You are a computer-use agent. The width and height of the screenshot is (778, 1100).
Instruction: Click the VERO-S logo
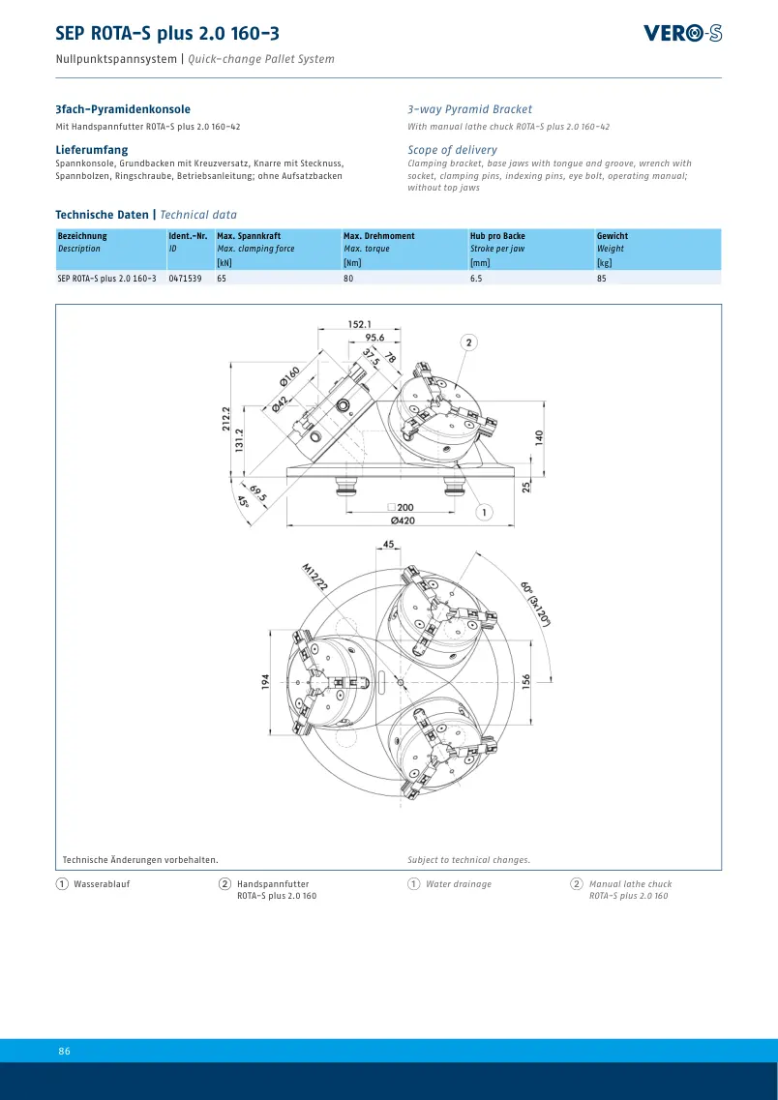point(682,33)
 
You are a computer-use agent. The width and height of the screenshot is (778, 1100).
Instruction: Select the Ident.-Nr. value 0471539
point(185,279)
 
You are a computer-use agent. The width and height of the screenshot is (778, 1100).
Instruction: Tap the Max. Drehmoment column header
point(378,236)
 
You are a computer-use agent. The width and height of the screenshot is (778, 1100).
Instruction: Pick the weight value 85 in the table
point(602,279)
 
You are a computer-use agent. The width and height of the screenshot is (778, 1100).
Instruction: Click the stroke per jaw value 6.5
point(476,279)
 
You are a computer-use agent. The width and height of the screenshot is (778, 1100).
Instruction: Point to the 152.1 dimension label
point(360,324)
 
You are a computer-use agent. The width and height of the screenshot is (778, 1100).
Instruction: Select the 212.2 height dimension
point(225,421)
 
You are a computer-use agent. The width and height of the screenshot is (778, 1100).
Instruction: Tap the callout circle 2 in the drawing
point(468,342)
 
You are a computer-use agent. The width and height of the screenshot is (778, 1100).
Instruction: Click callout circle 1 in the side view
point(484,513)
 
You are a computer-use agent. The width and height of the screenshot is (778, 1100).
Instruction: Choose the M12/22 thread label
point(314,578)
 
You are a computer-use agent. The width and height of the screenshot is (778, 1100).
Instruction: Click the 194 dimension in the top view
point(266,681)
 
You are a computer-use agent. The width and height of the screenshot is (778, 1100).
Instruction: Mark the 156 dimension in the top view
point(526,681)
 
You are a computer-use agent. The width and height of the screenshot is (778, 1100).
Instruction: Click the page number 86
point(65,1051)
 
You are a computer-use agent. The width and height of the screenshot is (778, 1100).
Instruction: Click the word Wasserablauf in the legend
point(102,884)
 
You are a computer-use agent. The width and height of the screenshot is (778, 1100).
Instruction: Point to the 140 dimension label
point(539,436)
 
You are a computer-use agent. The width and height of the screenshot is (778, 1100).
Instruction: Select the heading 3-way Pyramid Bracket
point(470,109)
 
